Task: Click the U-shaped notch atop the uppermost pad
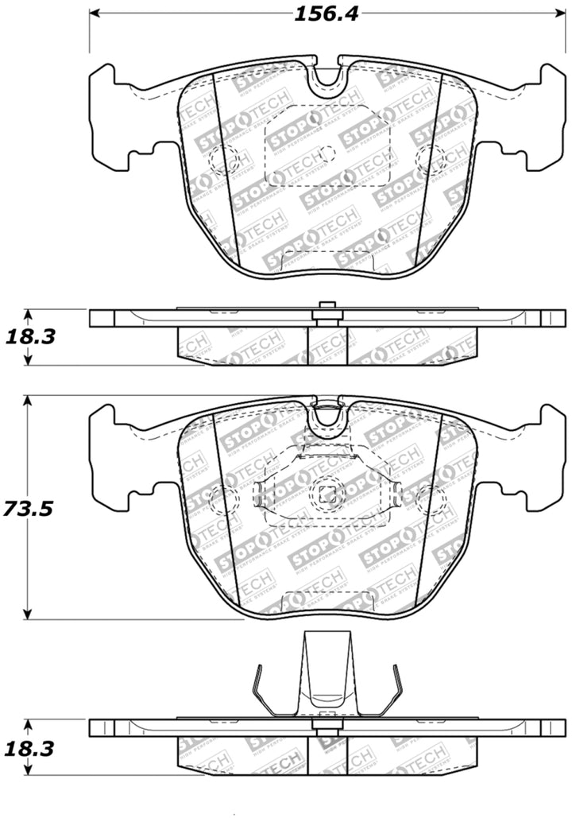pos(326,76)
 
